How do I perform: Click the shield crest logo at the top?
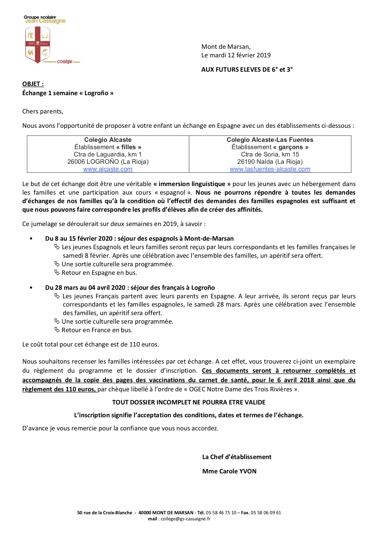pyautogui.click(x=38, y=45)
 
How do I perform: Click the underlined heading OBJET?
pyautogui.click(x=33, y=84)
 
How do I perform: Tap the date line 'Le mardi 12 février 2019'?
pyautogui.click(x=236, y=55)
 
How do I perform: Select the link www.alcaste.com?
pyautogui.click(x=108, y=169)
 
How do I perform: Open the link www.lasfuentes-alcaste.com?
pyautogui.click(x=270, y=169)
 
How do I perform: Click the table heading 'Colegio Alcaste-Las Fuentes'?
pyautogui.click(x=270, y=140)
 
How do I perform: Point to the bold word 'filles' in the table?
pyautogui.click(x=128, y=147)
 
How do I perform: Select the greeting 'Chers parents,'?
pyautogui.click(x=43, y=111)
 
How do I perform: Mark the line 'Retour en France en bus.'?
pyautogui.click(x=97, y=330)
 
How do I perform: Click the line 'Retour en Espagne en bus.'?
pyautogui.click(x=99, y=273)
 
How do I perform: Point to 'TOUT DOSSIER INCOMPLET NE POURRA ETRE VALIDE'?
pyautogui.click(x=189, y=402)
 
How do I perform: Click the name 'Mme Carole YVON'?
pyautogui.click(x=229, y=471)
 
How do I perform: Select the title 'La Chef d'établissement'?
pyautogui.click(x=237, y=457)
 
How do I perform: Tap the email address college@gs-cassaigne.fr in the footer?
pyautogui.click(x=185, y=519)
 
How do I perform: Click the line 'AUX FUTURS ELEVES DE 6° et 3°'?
pyautogui.click(x=247, y=70)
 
